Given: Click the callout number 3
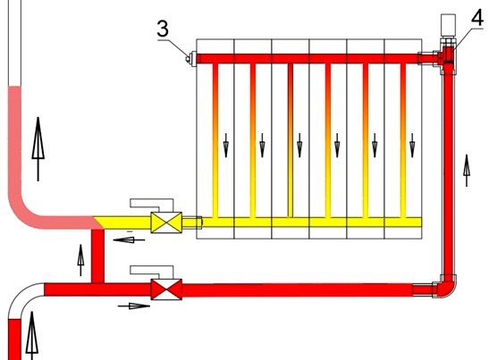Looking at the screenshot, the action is pyautogui.click(x=163, y=29).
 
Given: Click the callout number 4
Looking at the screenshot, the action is pyautogui.click(x=477, y=18).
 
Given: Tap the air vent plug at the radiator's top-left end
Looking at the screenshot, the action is pyautogui.click(x=190, y=59).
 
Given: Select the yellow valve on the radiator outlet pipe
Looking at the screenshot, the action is pyautogui.click(x=166, y=222).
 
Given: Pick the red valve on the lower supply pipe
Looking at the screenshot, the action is pyautogui.click(x=166, y=289).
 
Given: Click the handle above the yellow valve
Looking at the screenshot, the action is pyautogui.click(x=152, y=205).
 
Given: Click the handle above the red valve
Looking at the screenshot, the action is pyautogui.click(x=152, y=272).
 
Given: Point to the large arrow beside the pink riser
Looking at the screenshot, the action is pyautogui.click(x=38, y=149).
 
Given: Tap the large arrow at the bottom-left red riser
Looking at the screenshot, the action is pyautogui.click(x=32, y=335).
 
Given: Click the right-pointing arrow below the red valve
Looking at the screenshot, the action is pyautogui.click(x=134, y=306).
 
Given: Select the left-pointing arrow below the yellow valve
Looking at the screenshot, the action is pyautogui.click(x=129, y=240).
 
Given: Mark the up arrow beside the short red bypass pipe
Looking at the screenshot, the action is pyautogui.click(x=80, y=260).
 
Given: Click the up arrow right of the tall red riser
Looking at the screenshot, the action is pyautogui.click(x=467, y=171).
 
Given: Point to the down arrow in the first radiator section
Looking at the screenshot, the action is pyautogui.click(x=226, y=146).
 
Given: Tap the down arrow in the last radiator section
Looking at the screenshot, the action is pyautogui.click(x=412, y=146).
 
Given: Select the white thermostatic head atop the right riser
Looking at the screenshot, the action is pyautogui.click(x=448, y=24).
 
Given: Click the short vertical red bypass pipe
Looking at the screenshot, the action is pyautogui.click(x=97, y=255).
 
